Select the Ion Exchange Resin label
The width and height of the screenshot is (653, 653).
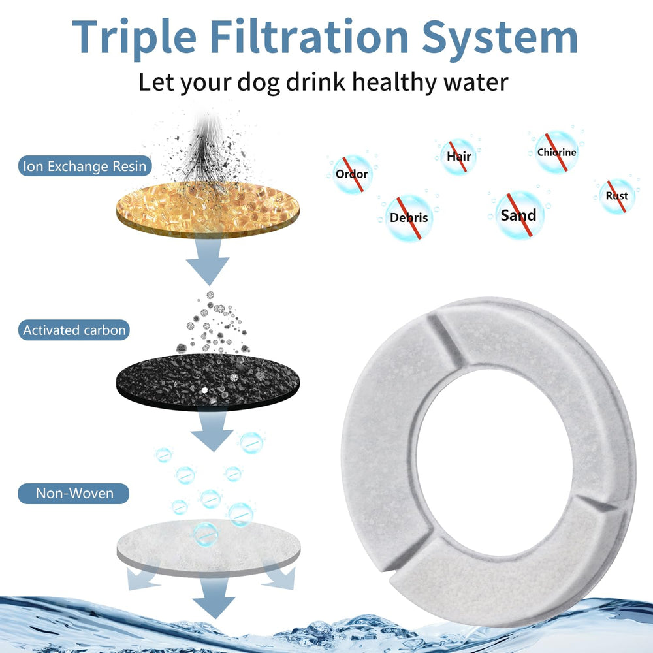tap(85, 166)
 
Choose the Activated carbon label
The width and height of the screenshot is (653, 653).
tap(74, 330)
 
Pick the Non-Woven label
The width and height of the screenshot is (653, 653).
tap(74, 493)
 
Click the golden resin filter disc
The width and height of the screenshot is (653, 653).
tap(208, 209)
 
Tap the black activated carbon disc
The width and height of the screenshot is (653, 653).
tap(208, 381)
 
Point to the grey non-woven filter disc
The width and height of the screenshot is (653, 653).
tap(208, 547)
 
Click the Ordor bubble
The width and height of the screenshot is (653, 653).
tap(352, 174)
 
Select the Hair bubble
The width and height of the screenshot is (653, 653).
tap(458, 157)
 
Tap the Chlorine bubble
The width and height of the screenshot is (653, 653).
tap(556, 152)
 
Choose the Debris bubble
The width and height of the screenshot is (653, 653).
tap(409, 217)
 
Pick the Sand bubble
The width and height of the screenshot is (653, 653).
tap(520, 215)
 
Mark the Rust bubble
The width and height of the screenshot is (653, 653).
tap(617, 196)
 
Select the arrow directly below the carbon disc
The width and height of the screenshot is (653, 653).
tap(212, 432)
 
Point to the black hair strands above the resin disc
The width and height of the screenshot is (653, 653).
tap(207, 154)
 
